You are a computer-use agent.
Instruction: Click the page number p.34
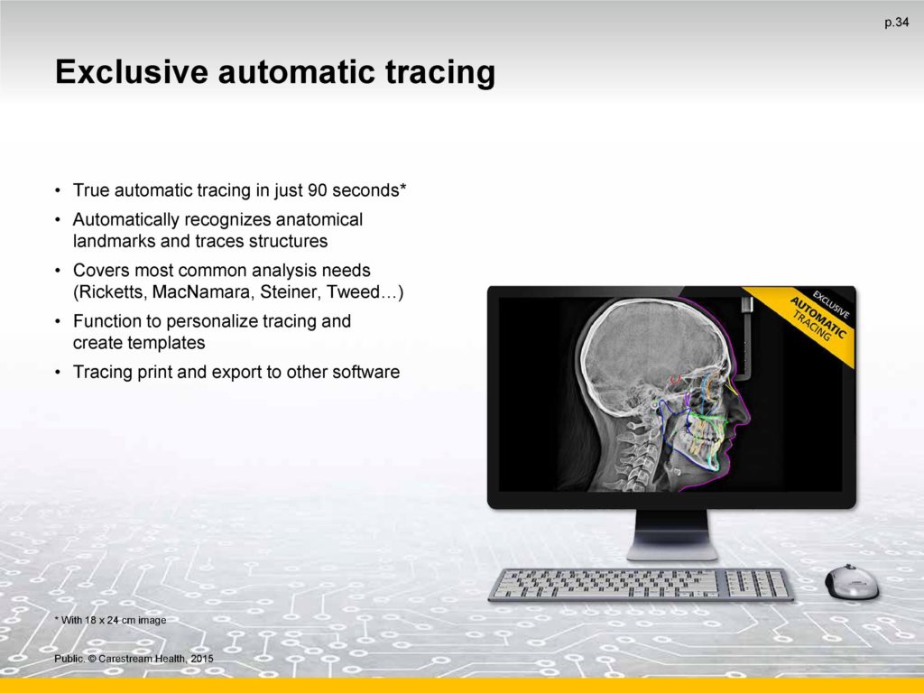pos(896,23)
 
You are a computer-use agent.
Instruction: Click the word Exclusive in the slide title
pos(132,72)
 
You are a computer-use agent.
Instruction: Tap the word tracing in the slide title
pos(440,73)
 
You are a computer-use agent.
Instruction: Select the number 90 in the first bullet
pos(318,190)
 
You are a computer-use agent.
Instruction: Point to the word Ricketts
pos(109,292)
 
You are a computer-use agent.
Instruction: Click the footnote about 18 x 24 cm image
pos(110,620)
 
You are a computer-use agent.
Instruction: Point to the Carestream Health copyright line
pos(134,659)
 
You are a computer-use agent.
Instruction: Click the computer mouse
pos(851,582)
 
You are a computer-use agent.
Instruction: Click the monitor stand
pos(671,534)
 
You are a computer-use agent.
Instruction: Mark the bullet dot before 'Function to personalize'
pos(57,322)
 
